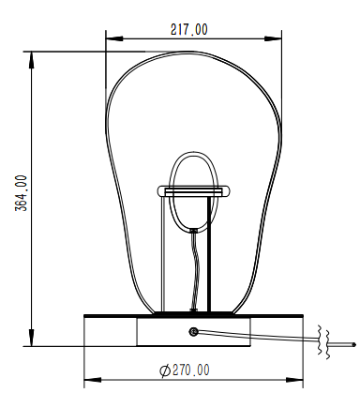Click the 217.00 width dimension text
[188, 30]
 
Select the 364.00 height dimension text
[22, 193]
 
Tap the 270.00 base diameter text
[190, 370]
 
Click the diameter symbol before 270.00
[165, 370]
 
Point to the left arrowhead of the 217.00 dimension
[113, 39]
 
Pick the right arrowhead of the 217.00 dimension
[273, 39]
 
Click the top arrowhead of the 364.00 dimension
[31, 60]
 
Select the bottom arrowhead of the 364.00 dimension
[31, 338]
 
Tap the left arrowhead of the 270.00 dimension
[93, 380]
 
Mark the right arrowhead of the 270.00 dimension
[294, 380]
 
